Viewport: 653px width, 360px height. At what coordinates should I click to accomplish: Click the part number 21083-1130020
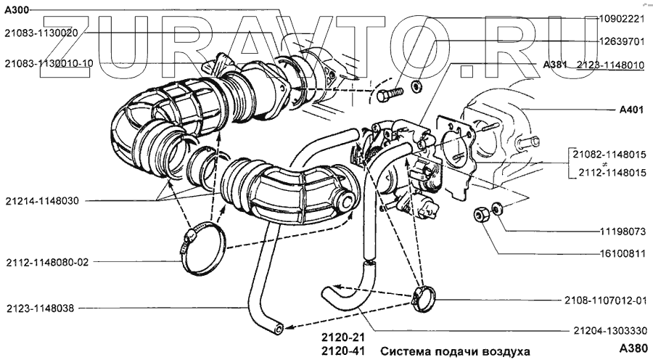point(40,33)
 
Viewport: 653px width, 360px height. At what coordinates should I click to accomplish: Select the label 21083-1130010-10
point(48,63)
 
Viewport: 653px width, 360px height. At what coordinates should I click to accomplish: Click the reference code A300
point(17,9)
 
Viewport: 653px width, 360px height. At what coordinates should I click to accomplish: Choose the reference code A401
point(632,110)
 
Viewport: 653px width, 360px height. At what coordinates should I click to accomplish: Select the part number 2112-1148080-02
point(46,262)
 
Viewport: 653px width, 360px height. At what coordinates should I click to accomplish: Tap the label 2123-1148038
point(40,307)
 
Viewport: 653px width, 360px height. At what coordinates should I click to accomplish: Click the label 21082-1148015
point(608,155)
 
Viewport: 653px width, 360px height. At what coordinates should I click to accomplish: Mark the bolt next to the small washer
point(388,95)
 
